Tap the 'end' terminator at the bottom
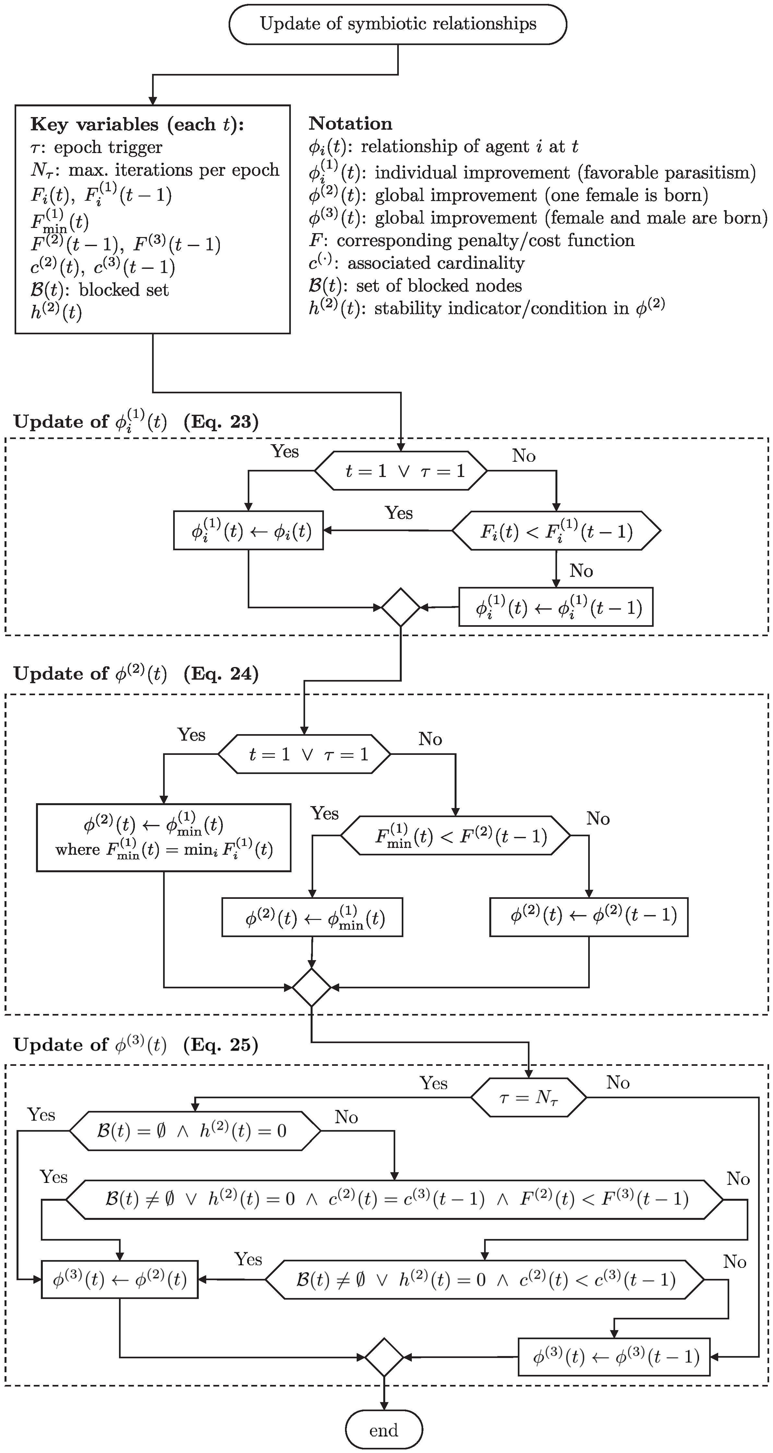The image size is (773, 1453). [384, 1430]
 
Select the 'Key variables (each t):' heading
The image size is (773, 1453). [137, 124]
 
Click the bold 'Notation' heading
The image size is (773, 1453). [351, 124]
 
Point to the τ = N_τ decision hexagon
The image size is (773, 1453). [529, 1097]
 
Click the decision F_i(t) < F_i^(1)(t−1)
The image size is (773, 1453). [556, 531]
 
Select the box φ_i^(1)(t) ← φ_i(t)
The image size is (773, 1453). [248, 531]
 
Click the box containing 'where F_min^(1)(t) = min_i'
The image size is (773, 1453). [164, 838]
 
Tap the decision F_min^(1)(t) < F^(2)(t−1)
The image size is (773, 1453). [456, 835]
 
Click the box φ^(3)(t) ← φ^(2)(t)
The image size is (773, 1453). [120, 1279]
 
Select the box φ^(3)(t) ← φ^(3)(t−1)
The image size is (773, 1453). [614, 1357]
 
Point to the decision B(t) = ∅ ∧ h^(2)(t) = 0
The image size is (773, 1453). [195, 1131]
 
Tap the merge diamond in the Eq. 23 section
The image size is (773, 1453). [401, 607]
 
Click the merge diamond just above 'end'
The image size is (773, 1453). [384, 1357]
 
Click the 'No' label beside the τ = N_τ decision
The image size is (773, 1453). [618, 1082]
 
